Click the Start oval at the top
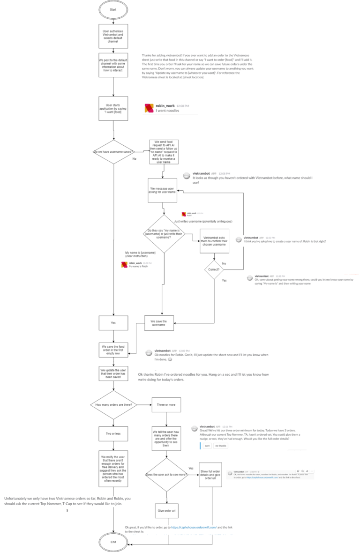click(113, 9)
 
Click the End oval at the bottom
click(113, 542)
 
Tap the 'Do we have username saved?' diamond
click(113, 152)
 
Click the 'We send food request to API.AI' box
click(163, 151)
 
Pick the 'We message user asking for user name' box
click(163, 190)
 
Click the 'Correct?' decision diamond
click(214, 269)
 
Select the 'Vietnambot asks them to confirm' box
click(214, 240)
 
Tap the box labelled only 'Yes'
click(113, 322)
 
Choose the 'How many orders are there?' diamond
click(113, 404)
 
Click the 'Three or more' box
click(165, 404)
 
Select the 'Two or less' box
click(113, 434)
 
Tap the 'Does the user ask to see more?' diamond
click(165, 475)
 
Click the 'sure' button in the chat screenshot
click(207, 446)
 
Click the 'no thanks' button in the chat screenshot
click(220, 446)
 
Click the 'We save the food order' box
click(113, 349)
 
